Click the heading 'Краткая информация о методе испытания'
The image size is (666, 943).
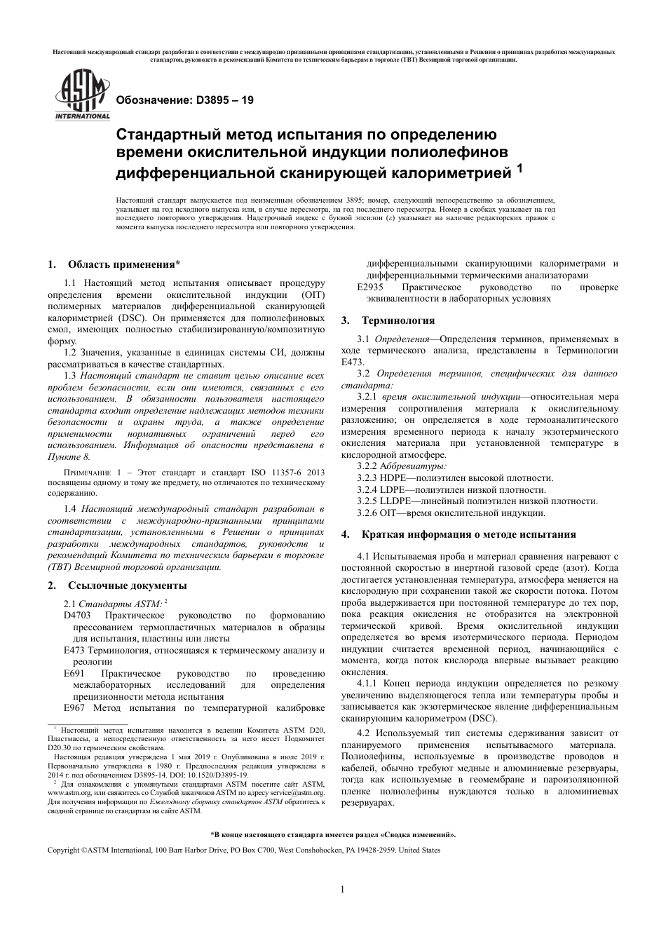[x=469, y=534]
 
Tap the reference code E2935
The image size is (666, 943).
[x=371, y=287]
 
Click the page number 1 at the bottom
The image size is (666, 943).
[x=342, y=890]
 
